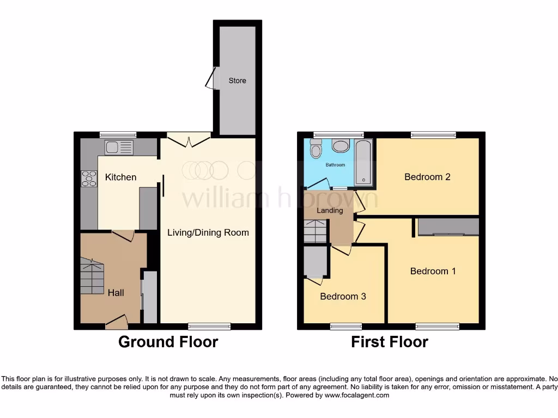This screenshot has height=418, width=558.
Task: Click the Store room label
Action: (x=237, y=81)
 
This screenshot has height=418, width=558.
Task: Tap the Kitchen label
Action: (x=120, y=177)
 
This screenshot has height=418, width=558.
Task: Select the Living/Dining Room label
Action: (x=208, y=232)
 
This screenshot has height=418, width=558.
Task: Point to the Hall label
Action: (x=116, y=292)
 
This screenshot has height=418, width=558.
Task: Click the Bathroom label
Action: (x=335, y=164)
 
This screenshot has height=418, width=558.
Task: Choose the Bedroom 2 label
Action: (x=427, y=176)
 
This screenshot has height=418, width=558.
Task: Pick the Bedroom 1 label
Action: (x=433, y=271)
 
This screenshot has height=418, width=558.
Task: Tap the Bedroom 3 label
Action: (x=343, y=296)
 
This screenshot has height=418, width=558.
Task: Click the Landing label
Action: (x=330, y=210)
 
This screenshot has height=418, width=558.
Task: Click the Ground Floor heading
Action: (x=168, y=342)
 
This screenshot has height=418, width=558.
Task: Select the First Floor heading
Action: (x=390, y=342)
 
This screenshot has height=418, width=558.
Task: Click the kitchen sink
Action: (x=119, y=147)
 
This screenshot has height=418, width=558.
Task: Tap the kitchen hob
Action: (x=88, y=179)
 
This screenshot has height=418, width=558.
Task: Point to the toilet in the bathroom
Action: (x=315, y=148)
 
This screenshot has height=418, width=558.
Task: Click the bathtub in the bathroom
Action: (x=363, y=163)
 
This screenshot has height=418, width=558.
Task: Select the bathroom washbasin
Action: (x=341, y=145)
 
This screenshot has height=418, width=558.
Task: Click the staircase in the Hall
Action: (x=92, y=277)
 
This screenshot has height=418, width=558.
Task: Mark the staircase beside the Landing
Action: (x=316, y=231)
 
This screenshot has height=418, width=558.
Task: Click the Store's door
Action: (x=210, y=78)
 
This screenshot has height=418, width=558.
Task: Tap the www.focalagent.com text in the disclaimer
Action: (x=356, y=395)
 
